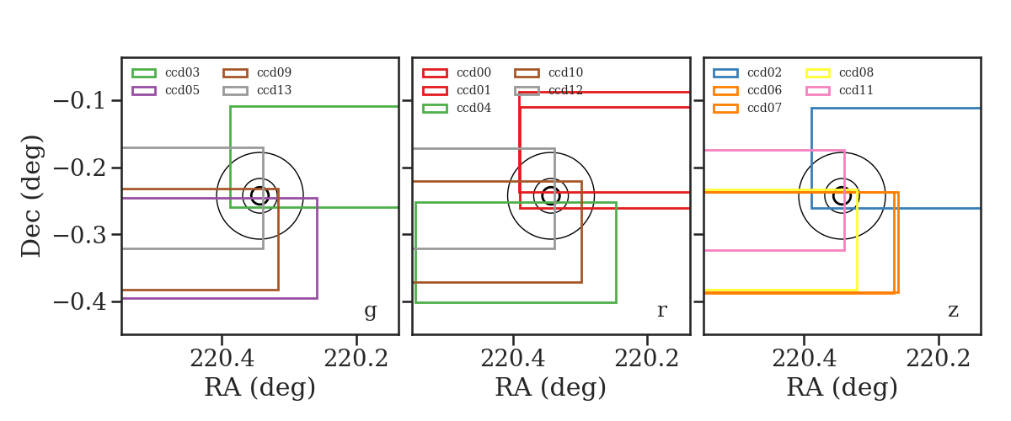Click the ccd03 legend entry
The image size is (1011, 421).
(165, 72)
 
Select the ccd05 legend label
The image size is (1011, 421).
(182, 90)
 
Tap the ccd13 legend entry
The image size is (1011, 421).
(257, 90)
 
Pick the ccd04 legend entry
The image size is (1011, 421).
(457, 108)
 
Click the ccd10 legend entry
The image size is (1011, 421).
(548, 72)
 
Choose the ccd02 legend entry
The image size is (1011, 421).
(747, 72)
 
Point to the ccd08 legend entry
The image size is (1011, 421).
(839, 72)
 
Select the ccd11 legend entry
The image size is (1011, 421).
(839, 90)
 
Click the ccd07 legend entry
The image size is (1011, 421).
(747, 108)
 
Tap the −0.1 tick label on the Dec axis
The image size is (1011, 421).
(80, 101)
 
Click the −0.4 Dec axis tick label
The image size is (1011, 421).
(80, 301)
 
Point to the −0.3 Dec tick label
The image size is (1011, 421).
(80, 235)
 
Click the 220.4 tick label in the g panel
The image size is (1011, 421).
(222, 359)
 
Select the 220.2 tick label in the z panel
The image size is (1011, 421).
(939, 359)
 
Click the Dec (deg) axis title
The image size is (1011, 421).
(32, 196)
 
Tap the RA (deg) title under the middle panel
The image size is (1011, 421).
(551, 388)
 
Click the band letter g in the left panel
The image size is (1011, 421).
(371, 312)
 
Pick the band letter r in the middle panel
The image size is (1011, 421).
(662, 310)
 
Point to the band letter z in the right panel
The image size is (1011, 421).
(953, 311)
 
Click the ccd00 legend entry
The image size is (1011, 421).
(457, 72)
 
